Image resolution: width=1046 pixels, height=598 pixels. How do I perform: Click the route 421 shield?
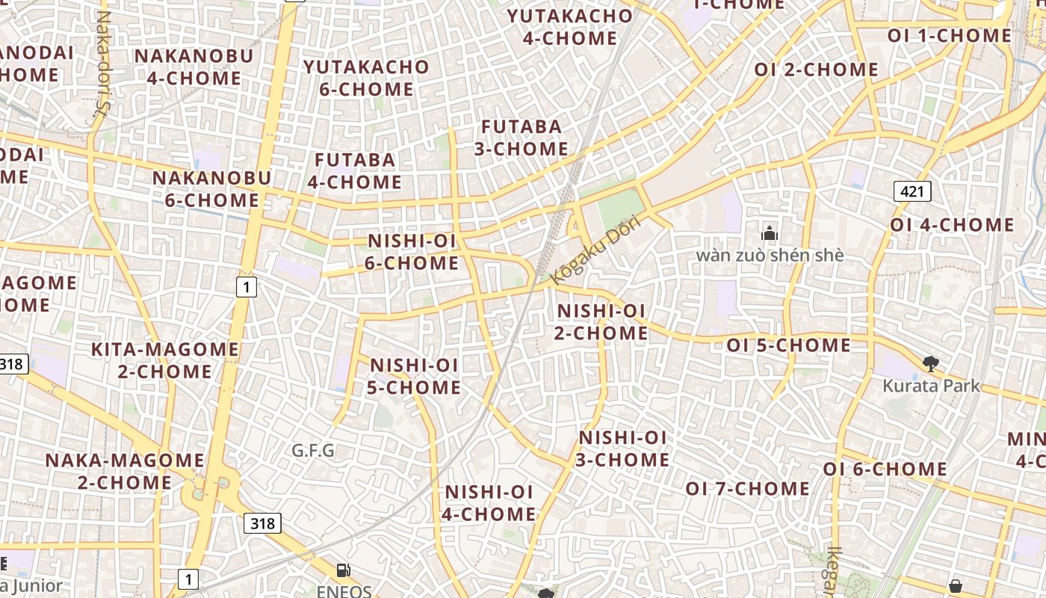click(x=912, y=192)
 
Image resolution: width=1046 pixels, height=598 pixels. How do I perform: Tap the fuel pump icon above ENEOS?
click(x=344, y=571)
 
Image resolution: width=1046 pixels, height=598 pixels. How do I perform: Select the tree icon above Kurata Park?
click(x=930, y=364)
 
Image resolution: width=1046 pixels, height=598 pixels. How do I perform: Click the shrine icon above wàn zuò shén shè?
click(x=770, y=233)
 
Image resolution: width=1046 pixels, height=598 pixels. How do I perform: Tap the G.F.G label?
click(x=313, y=451)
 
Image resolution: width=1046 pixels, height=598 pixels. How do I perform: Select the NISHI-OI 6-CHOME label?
click(x=412, y=252)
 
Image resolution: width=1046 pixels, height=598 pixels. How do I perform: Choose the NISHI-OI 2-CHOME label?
click(x=601, y=321)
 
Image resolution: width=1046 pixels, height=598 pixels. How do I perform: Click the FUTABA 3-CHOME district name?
click(x=521, y=138)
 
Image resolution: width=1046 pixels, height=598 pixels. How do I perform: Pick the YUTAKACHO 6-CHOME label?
click(x=366, y=78)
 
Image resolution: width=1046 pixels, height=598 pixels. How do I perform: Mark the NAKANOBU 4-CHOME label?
click(x=194, y=67)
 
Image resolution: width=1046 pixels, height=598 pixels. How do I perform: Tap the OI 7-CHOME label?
click(x=747, y=489)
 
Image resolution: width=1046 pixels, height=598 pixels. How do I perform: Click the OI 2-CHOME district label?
click(x=816, y=70)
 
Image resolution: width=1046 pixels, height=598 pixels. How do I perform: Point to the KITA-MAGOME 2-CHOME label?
click(x=164, y=360)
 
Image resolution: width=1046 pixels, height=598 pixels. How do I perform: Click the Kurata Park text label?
click(x=930, y=386)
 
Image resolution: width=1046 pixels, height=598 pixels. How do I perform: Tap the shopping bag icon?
click(x=955, y=585)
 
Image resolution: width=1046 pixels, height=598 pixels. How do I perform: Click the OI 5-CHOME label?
click(x=788, y=345)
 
